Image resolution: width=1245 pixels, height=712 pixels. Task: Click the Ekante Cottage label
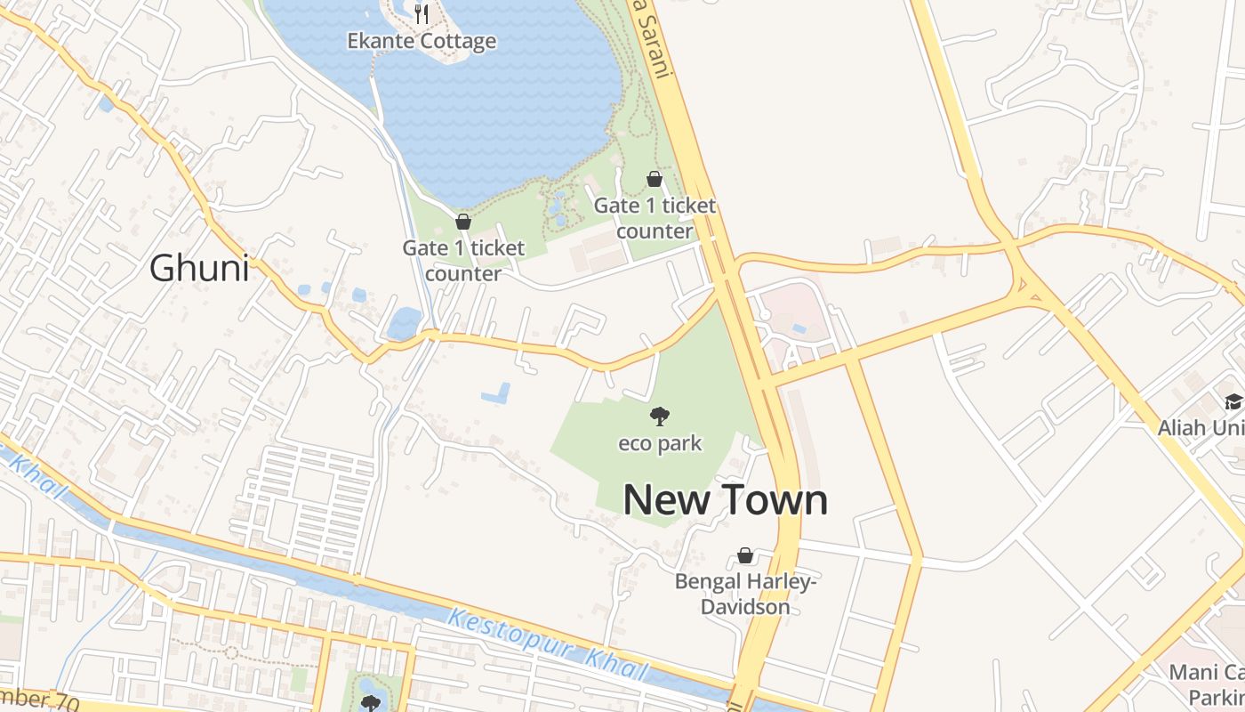[x=422, y=41]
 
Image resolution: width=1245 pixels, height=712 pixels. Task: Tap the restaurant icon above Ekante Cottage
[x=422, y=13]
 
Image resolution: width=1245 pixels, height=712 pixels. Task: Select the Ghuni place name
[x=199, y=268]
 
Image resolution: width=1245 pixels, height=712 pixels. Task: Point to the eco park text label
[x=660, y=443]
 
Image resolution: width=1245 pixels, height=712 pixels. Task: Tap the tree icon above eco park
[x=660, y=415]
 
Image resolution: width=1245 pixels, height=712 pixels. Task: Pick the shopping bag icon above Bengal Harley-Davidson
[x=745, y=556]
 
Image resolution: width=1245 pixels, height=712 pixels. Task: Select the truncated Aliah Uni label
[x=1201, y=428]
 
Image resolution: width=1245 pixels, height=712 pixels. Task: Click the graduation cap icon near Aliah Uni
[x=1233, y=401]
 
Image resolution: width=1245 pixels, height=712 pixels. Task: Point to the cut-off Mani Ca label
[x=1207, y=673]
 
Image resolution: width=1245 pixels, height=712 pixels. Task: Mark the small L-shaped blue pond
[x=496, y=392]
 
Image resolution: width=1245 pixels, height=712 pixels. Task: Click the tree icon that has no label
[x=370, y=702]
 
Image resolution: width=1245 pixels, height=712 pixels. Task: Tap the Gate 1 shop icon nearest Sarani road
[x=654, y=179]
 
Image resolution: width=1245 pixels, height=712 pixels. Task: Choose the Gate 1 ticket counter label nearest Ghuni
[x=463, y=261]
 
